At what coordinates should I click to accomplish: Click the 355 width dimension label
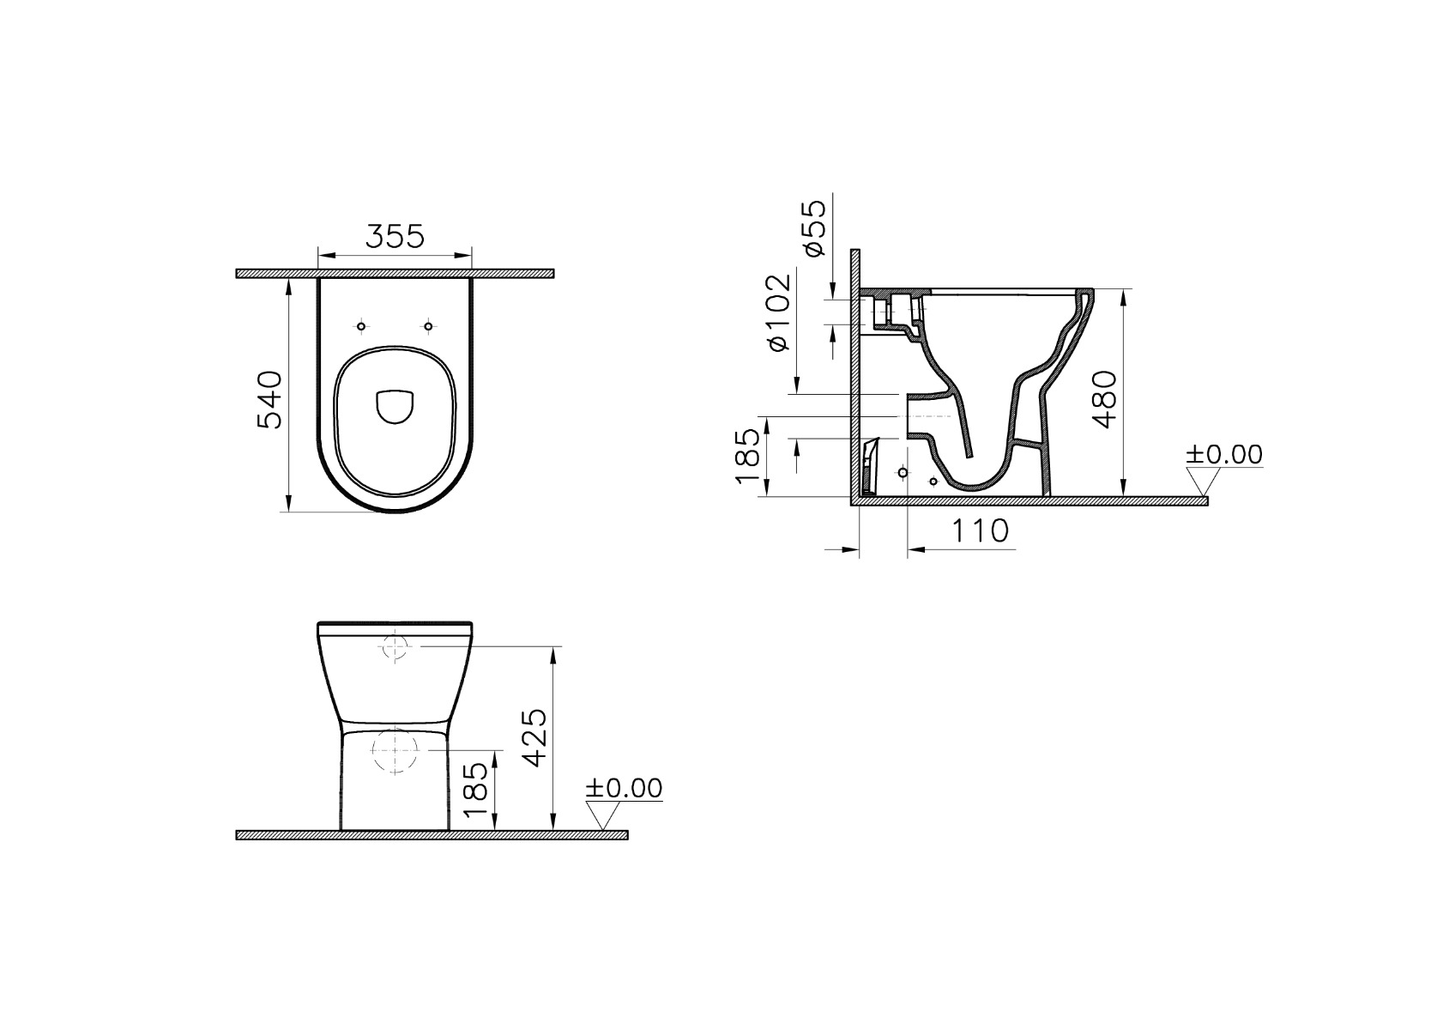pyautogui.click(x=395, y=236)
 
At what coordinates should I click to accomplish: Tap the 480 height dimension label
pyautogui.click(x=1103, y=399)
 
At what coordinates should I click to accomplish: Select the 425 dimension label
pyautogui.click(x=535, y=737)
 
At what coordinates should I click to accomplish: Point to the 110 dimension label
pyautogui.click(x=981, y=531)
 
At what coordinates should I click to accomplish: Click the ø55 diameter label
pyautogui.click(x=814, y=227)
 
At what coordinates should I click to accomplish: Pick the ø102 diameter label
pyautogui.click(x=779, y=313)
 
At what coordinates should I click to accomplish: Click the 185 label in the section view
pyautogui.click(x=747, y=456)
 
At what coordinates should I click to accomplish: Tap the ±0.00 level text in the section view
pyautogui.click(x=1223, y=454)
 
